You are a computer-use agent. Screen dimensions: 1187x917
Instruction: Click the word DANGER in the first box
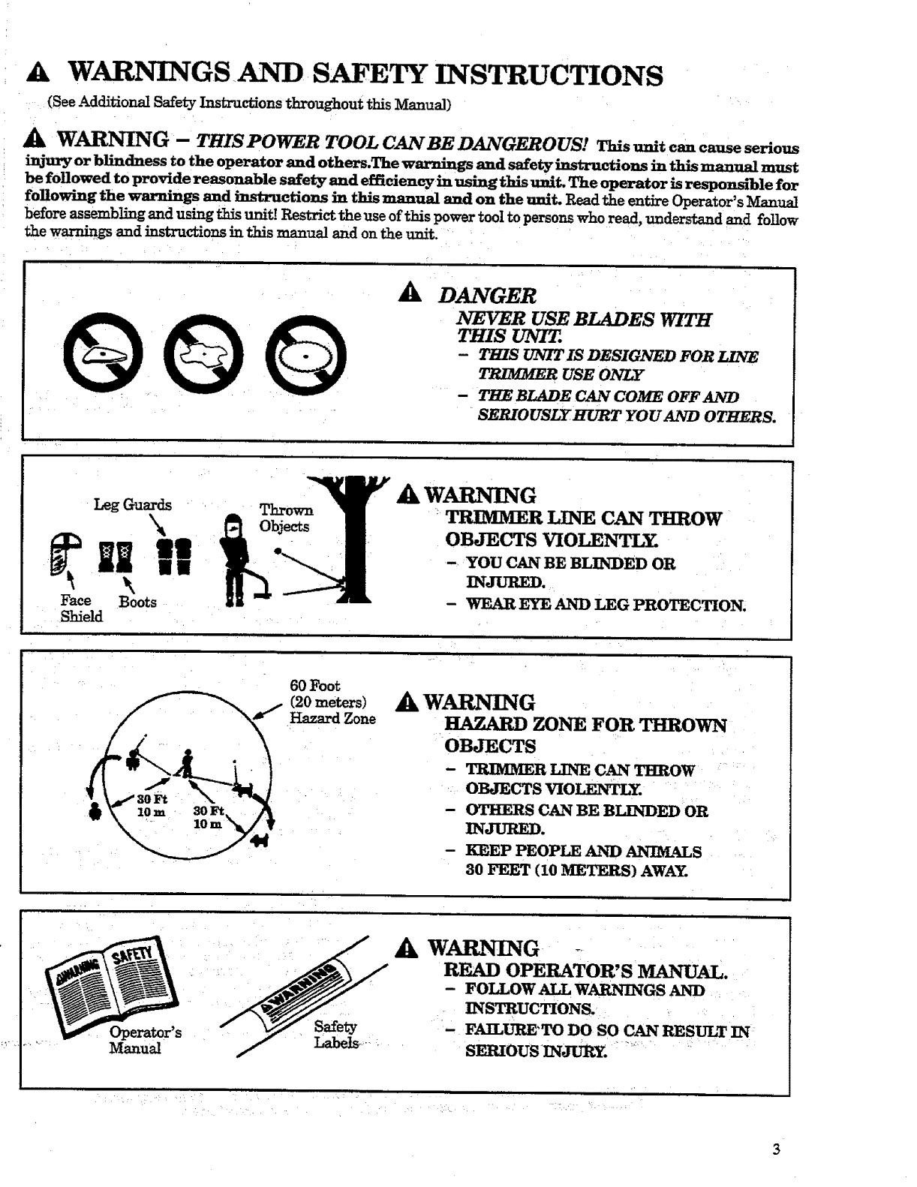(x=487, y=296)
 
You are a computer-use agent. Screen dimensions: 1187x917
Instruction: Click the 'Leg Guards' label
(x=133, y=505)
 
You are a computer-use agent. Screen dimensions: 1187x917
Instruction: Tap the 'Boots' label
(x=138, y=603)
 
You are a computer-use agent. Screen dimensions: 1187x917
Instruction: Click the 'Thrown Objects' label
(x=285, y=518)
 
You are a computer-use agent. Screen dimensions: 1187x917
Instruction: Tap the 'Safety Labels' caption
(x=335, y=1035)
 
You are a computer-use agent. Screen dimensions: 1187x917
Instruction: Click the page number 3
(x=776, y=1149)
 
